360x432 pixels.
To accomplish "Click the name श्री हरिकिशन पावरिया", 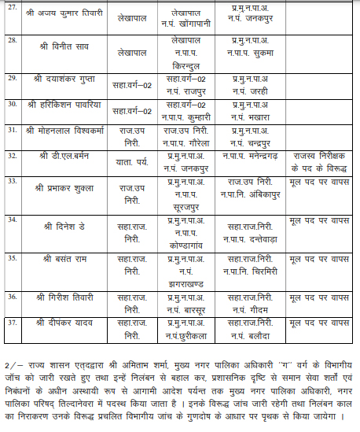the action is click(x=64, y=105).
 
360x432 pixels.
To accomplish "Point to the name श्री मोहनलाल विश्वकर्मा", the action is click(x=68, y=130).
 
